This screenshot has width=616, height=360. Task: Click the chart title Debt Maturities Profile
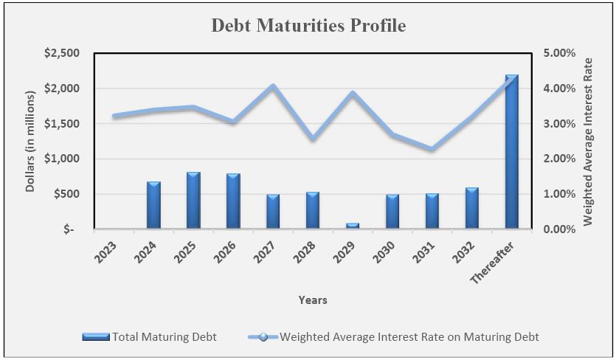(x=308, y=26)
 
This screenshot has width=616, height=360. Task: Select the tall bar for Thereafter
(x=511, y=151)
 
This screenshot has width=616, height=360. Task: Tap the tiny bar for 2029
(x=352, y=226)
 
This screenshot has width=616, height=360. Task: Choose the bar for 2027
(x=272, y=212)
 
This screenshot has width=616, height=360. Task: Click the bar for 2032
(x=471, y=208)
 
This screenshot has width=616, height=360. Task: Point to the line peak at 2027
(x=273, y=86)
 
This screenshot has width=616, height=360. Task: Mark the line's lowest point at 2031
(x=432, y=149)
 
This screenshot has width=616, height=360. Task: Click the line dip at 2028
(x=313, y=138)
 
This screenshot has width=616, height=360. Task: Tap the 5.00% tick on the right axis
(x=558, y=53)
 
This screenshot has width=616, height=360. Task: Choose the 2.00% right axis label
(x=558, y=159)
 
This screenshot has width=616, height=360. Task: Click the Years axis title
(x=313, y=300)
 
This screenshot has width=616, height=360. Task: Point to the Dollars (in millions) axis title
(x=30, y=142)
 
